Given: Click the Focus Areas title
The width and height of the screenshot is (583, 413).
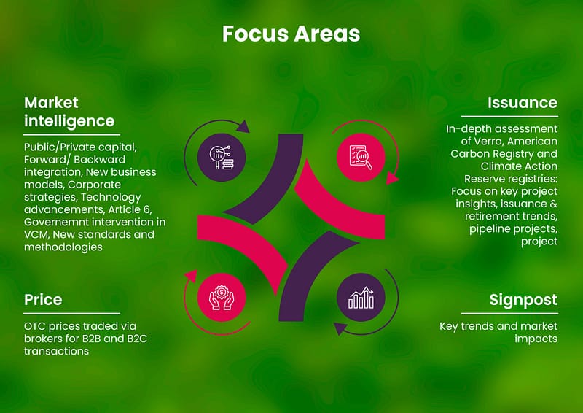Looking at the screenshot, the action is pyautogui.click(x=291, y=34).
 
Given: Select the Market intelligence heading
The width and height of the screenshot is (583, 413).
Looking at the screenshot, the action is pyautogui.click(x=69, y=112).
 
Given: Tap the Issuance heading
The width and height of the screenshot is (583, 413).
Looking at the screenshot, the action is pyautogui.click(x=523, y=103).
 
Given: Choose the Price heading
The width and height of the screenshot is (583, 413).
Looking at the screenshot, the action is pyautogui.click(x=43, y=300).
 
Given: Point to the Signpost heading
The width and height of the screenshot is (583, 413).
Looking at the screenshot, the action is pyautogui.click(x=523, y=300).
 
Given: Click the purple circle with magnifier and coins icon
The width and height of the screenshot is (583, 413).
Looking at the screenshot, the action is pyautogui.click(x=222, y=158).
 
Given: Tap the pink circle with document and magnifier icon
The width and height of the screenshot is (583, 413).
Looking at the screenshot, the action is pyautogui.click(x=361, y=158).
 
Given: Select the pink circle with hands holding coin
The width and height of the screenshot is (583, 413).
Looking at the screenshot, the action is pyautogui.click(x=222, y=297).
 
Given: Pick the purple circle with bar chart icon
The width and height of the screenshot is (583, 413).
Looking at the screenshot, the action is pyautogui.click(x=361, y=297).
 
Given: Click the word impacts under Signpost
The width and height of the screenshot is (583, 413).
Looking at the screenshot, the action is pyautogui.click(x=536, y=339).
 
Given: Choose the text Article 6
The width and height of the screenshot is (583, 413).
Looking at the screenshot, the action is pyautogui.click(x=130, y=209).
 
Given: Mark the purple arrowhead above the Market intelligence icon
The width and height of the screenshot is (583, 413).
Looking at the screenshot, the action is pyautogui.click(x=243, y=127).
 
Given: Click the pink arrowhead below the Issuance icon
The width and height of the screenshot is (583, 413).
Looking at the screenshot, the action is pyautogui.click(x=391, y=178).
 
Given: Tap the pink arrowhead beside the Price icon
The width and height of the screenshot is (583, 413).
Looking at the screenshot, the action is pyautogui.click(x=191, y=277).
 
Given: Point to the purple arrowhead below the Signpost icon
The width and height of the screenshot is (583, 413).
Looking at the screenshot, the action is pyautogui.click(x=340, y=328).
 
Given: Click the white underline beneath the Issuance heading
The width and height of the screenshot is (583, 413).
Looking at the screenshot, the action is pyautogui.click(x=509, y=117).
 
